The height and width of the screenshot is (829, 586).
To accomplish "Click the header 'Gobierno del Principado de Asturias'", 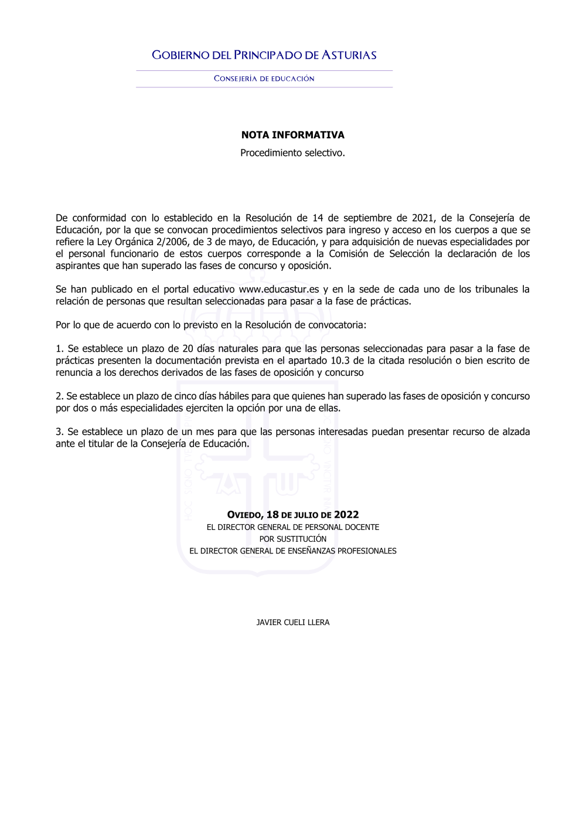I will [x=264, y=55].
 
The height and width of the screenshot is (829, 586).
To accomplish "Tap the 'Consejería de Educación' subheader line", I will [x=264, y=79].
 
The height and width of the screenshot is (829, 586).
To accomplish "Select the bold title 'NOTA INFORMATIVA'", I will [x=293, y=135].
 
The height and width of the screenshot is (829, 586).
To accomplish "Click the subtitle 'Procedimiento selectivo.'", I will [x=292, y=153].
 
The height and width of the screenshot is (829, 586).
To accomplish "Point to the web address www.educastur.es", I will [x=279, y=289].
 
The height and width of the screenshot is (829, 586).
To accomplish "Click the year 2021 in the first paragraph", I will [x=423, y=218].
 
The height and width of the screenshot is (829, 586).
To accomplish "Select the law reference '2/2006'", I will [x=172, y=242].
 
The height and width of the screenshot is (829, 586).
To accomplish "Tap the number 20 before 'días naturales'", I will [x=188, y=349].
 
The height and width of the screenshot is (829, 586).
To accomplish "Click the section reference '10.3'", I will [x=340, y=361].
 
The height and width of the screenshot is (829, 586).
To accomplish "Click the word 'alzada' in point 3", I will [x=517, y=432].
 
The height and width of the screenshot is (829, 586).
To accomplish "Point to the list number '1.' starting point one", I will [x=59, y=349].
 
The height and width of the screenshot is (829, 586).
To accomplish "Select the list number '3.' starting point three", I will [x=59, y=432].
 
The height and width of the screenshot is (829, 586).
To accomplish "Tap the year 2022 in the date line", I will [x=346, y=515].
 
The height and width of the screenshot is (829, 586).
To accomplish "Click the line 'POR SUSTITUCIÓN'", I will [x=293, y=539].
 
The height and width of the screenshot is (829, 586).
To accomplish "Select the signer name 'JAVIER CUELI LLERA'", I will [x=293, y=622].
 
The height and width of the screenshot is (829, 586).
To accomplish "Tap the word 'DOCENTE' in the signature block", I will [x=363, y=527].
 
